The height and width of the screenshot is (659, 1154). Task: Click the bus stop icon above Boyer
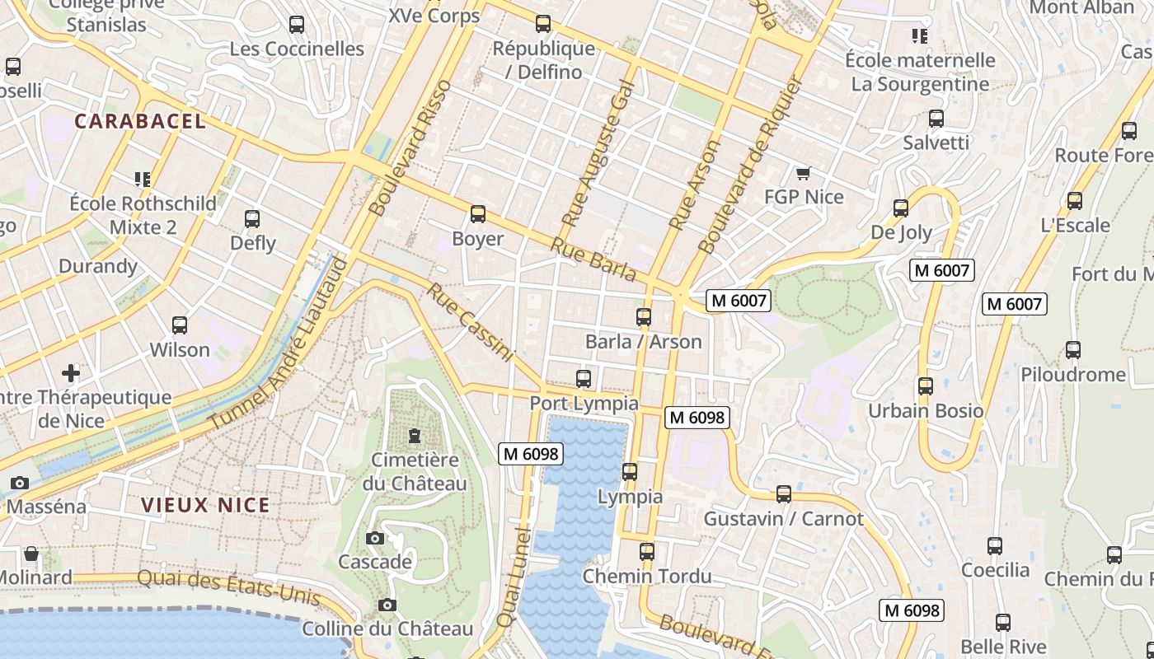(478, 215)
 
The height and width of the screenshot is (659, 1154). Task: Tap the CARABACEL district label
(140, 122)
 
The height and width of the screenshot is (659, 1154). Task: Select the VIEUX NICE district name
(205, 506)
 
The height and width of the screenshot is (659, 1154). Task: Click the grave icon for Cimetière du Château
(415, 435)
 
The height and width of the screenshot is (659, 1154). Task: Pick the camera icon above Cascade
(375, 539)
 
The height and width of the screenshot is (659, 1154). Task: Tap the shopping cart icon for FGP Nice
(804, 173)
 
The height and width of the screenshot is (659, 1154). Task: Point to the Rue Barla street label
(593, 259)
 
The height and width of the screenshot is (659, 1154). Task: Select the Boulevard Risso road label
(411, 148)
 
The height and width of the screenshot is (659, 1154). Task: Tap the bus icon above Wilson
(180, 325)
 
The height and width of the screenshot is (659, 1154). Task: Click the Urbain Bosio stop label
(926, 410)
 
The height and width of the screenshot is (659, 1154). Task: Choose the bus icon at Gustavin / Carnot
(784, 494)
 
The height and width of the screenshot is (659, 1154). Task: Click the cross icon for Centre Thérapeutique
(71, 373)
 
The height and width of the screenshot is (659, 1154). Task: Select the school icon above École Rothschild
(143, 179)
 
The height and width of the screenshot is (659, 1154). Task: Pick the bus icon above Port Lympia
(584, 379)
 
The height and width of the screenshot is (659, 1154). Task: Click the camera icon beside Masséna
(20, 483)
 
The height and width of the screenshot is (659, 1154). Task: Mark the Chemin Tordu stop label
(647, 576)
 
